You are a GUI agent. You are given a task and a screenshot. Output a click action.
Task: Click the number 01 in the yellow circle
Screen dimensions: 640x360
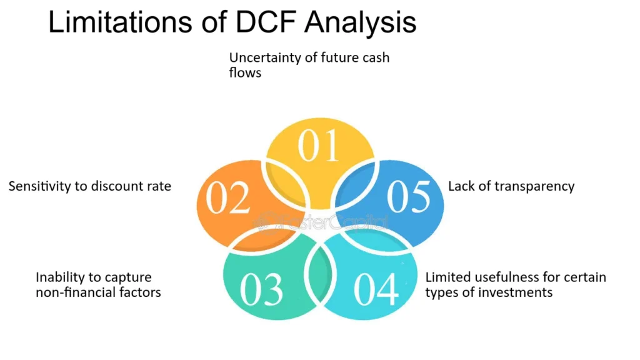[x=318, y=146]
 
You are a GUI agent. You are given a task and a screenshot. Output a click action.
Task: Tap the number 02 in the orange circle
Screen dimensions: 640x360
[x=227, y=198]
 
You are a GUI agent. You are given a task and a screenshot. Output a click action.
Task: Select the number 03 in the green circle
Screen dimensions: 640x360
[x=261, y=289]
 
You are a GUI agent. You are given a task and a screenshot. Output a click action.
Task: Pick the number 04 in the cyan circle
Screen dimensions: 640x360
[x=376, y=289]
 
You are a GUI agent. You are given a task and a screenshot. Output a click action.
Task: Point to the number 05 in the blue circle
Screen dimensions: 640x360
[x=409, y=197]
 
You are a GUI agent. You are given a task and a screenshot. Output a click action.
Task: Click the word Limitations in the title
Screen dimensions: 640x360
[x=120, y=22]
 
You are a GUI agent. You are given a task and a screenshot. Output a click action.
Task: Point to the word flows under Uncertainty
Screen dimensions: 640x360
[x=245, y=72]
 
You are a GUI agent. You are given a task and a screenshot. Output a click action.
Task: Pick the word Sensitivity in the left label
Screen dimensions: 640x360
[x=39, y=186]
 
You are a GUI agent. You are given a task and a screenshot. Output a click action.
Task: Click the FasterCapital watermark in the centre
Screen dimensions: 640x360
[x=321, y=223]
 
